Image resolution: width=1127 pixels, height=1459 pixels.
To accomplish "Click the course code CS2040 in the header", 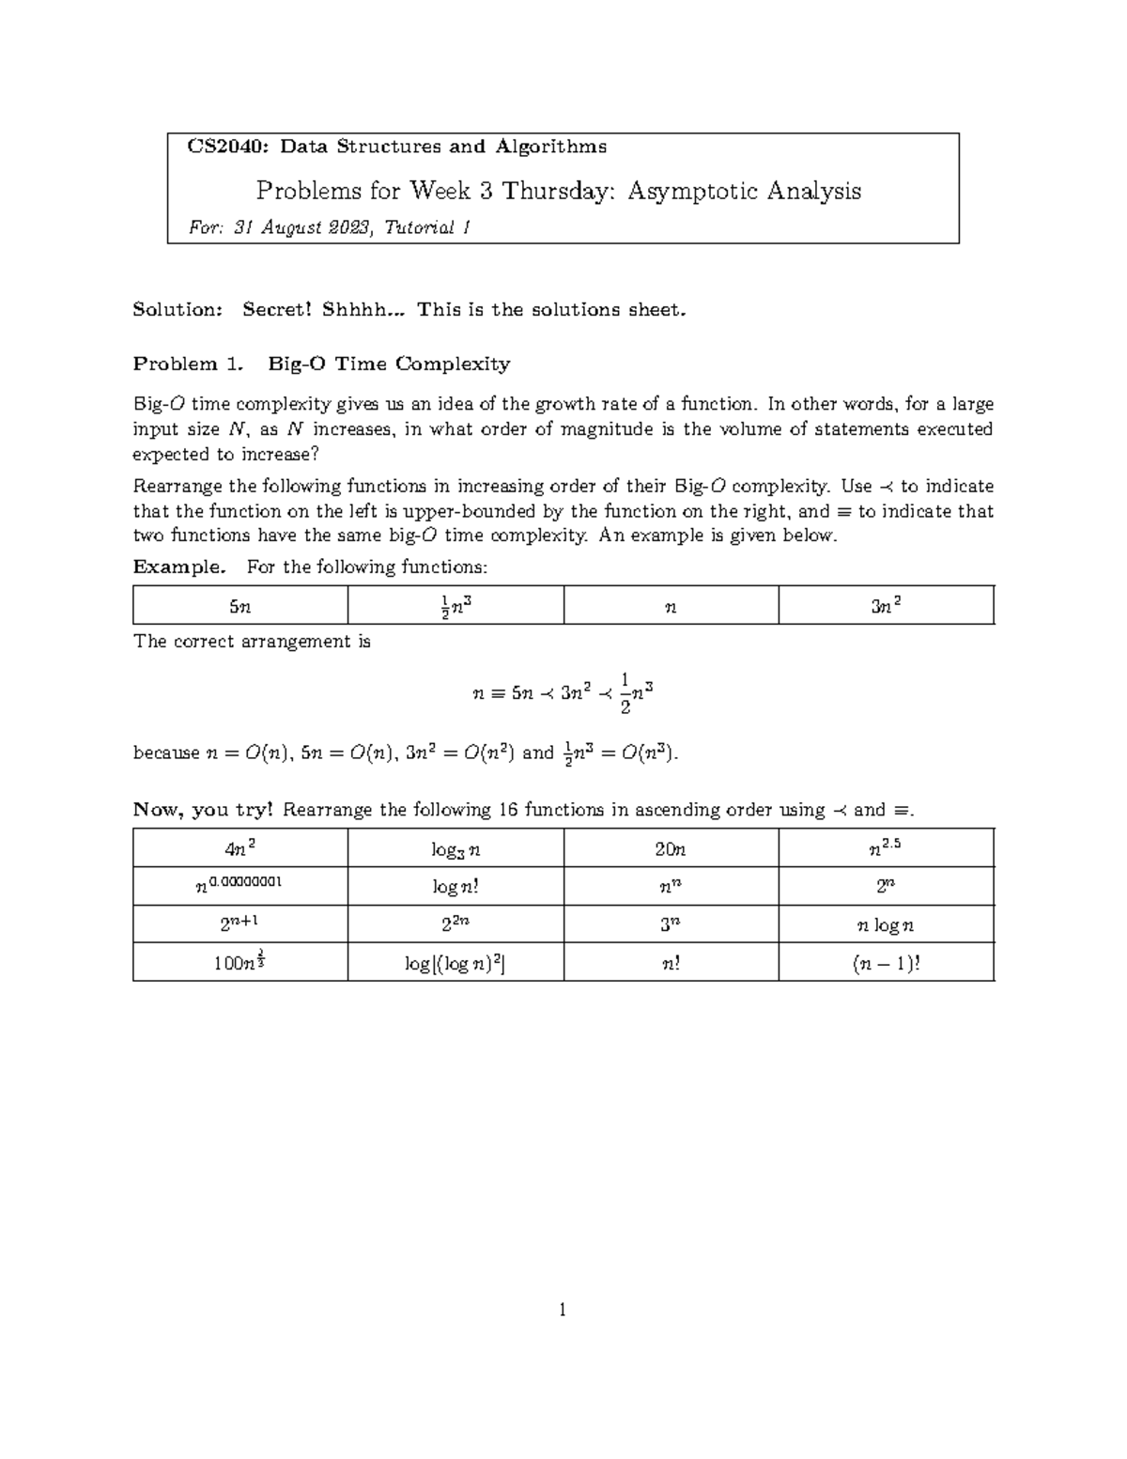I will [x=221, y=147].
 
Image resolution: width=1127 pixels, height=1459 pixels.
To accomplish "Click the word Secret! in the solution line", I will [x=277, y=310].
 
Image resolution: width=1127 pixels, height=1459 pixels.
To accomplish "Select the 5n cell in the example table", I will [x=240, y=607].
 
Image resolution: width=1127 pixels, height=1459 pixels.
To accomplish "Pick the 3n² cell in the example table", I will [x=886, y=607].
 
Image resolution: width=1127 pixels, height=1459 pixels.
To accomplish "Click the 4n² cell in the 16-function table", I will [x=240, y=849].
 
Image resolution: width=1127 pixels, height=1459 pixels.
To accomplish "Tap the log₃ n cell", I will [x=455, y=849].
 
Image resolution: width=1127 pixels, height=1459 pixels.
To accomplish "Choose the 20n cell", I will [x=671, y=849].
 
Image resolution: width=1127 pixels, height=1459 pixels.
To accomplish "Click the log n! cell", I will [x=455, y=887].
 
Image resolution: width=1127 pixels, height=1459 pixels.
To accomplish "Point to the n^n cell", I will [x=671, y=887].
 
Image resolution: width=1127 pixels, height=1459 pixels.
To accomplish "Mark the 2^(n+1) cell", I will [x=240, y=924].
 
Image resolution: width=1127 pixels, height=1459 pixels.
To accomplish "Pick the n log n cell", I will [x=886, y=925].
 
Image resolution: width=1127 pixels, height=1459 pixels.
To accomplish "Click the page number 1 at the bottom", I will [x=562, y=1311].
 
